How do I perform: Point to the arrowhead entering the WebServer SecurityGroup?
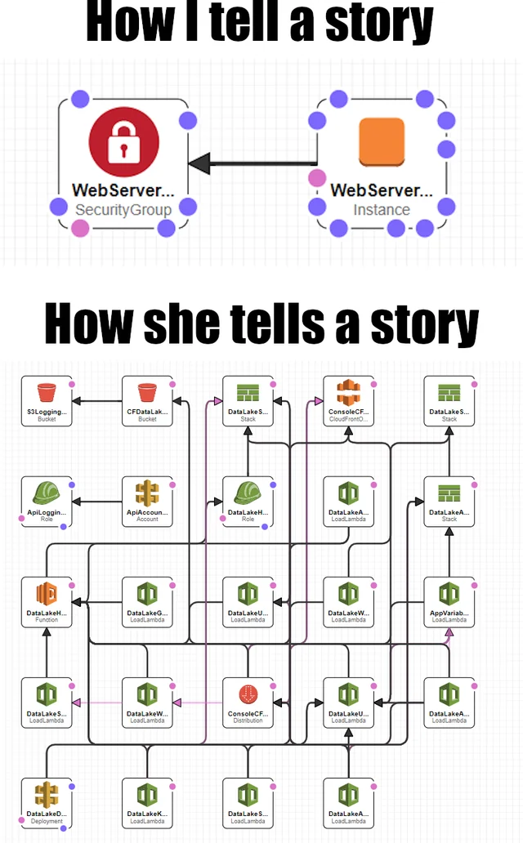[x=196, y=163]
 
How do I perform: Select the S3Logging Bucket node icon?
[x=47, y=392]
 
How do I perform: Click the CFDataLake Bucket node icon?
[x=147, y=392]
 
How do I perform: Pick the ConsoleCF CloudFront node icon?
[x=349, y=392]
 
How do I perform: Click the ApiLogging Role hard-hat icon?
[x=47, y=493]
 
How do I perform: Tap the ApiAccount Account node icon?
[x=147, y=493]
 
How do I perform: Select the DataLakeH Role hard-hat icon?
[x=248, y=493]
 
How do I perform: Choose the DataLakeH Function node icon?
[x=47, y=593]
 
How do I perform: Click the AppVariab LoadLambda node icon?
[x=449, y=593]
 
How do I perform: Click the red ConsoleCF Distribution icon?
[x=248, y=694]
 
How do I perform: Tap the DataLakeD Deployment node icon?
[x=47, y=795]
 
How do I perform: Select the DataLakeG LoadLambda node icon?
[x=147, y=593]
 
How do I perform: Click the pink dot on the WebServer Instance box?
[x=315, y=178]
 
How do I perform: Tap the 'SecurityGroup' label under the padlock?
[x=123, y=210]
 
